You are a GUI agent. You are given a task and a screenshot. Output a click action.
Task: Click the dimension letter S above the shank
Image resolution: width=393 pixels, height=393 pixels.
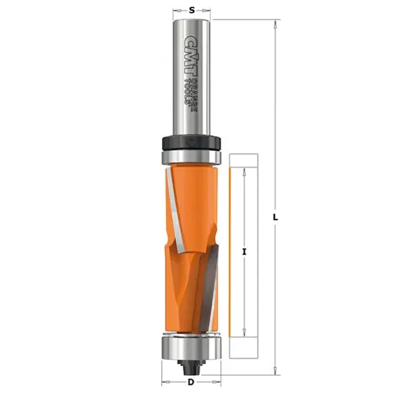[192, 10]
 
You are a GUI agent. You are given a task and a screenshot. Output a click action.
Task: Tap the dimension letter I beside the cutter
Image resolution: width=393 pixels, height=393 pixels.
[245, 252]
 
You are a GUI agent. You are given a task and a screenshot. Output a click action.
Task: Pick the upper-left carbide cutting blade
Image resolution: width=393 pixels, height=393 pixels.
[174, 208]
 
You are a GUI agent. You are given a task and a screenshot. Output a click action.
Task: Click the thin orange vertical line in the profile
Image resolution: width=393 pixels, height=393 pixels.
[228, 252]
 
